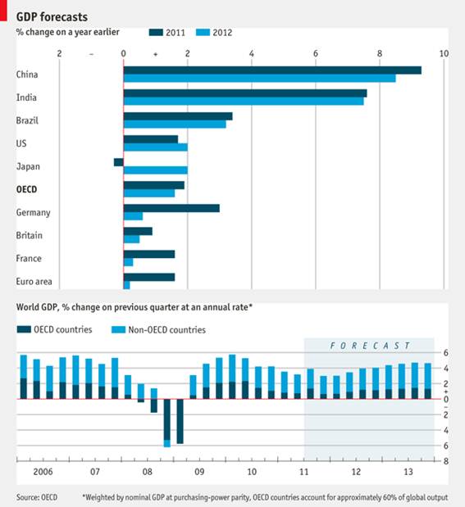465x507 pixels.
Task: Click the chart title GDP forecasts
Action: click(x=52, y=17)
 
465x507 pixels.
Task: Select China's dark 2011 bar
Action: click(x=272, y=70)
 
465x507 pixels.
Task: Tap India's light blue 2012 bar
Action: click(x=244, y=102)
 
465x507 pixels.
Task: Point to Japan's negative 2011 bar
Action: click(x=119, y=162)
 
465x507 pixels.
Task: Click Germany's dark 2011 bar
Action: click(x=171, y=208)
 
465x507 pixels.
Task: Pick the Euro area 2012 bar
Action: click(x=126, y=285)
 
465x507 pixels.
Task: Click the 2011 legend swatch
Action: click(x=156, y=32)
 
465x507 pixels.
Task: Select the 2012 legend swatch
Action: click(x=203, y=32)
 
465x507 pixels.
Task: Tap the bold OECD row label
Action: click(x=26, y=189)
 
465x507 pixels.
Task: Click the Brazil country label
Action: click(x=27, y=120)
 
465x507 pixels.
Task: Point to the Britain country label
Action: click(x=30, y=235)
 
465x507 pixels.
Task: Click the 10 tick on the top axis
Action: click(x=444, y=54)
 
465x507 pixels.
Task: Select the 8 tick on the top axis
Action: click(x=380, y=54)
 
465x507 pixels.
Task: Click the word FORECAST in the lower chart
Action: click(x=370, y=346)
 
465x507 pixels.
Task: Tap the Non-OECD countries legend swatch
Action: click(x=118, y=329)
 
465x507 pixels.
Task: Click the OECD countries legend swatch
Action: click(x=24, y=329)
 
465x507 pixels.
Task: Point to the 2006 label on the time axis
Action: click(x=43, y=472)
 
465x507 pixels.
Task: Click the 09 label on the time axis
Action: click(x=199, y=472)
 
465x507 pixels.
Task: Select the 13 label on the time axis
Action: click(x=408, y=472)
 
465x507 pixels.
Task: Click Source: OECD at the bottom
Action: click(x=37, y=497)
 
